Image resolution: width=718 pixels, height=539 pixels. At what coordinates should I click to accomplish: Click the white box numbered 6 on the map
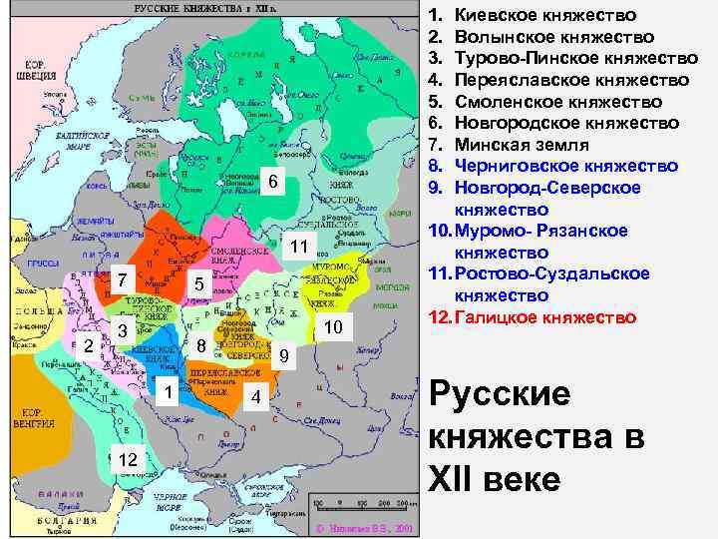tap(270, 182)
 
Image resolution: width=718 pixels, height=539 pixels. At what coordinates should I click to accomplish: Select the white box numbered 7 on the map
tap(120, 280)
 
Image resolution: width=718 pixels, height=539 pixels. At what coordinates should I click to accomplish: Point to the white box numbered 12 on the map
tap(127, 458)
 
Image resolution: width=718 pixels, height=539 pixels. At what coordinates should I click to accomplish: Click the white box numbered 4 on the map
tap(256, 397)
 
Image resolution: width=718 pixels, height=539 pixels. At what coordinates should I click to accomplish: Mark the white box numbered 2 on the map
tap(89, 346)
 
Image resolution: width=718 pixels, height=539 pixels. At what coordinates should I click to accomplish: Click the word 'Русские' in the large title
tap(500, 394)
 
